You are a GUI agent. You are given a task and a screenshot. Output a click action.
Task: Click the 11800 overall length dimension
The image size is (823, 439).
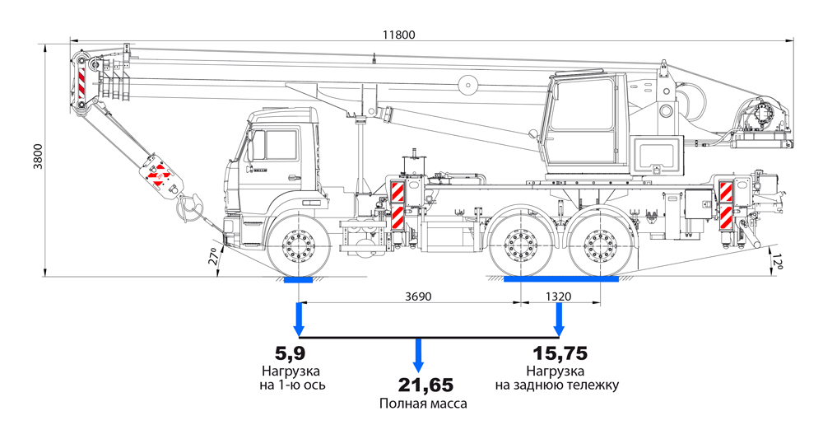[x=398, y=35]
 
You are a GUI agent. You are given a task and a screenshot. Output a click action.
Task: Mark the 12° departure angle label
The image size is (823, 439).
[x=776, y=262]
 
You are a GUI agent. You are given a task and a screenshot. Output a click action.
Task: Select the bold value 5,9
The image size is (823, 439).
[x=291, y=353]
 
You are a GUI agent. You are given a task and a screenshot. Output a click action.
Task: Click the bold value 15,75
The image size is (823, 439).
[x=559, y=353]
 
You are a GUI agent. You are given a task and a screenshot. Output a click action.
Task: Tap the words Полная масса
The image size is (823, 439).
[x=423, y=404]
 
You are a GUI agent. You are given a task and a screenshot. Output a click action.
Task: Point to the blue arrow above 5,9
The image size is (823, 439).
[x=299, y=318]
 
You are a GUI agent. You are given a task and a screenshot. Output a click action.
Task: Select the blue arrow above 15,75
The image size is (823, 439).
[x=559, y=318]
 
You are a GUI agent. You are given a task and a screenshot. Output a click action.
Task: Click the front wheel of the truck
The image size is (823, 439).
[x=298, y=245]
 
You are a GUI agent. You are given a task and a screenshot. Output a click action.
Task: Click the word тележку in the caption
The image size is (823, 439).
[x=589, y=385]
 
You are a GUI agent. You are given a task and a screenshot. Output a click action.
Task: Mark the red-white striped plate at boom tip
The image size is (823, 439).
[x=82, y=81]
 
